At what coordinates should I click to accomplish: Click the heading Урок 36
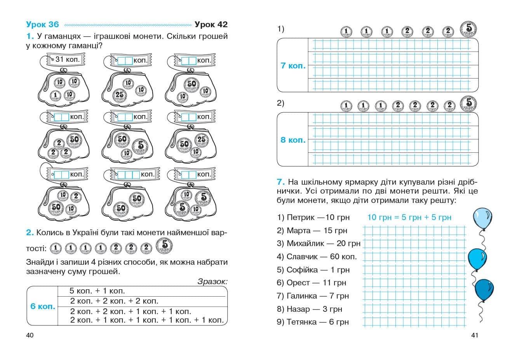point(42,24)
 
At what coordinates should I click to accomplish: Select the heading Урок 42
point(211,24)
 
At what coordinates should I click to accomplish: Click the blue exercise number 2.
point(30,232)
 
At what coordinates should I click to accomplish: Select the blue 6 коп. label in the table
point(43,306)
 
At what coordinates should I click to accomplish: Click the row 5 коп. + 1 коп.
point(97,291)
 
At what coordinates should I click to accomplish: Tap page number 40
point(30,335)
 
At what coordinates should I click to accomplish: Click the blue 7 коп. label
point(293,66)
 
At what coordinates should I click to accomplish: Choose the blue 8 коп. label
point(293,140)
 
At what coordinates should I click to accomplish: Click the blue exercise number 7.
point(281,182)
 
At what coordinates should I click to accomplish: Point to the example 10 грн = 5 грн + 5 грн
point(409,217)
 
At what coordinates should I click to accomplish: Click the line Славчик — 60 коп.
point(317,257)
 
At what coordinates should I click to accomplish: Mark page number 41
point(474,335)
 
